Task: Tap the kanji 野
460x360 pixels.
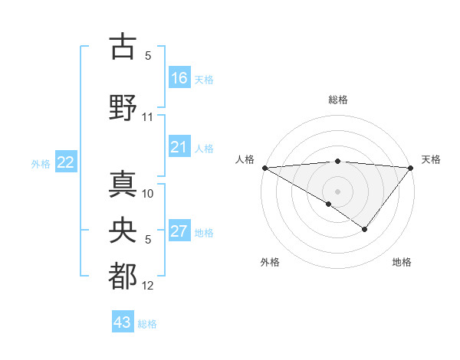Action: click(x=123, y=107)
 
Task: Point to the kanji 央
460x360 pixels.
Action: click(x=123, y=231)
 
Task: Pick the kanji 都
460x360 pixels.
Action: click(x=123, y=277)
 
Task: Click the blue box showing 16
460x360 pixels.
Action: click(x=179, y=78)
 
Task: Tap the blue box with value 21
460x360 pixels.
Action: click(x=179, y=147)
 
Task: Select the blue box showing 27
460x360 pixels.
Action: click(x=179, y=231)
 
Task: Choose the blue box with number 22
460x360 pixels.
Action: click(x=66, y=162)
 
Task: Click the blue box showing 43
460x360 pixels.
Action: click(x=123, y=322)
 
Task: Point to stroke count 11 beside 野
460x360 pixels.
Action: click(x=148, y=117)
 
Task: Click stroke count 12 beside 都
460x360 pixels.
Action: click(x=148, y=286)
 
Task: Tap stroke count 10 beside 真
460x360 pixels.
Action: click(x=148, y=194)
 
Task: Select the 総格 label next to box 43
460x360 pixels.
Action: click(x=147, y=324)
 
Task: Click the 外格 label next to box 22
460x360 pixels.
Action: click(x=41, y=163)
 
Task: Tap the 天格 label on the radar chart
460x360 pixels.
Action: click(x=431, y=159)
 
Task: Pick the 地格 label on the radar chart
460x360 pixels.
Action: click(x=402, y=262)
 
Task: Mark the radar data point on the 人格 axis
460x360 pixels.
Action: click(x=264, y=168)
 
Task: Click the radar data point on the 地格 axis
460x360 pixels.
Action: click(x=365, y=228)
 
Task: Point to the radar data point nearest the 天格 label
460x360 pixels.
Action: click(x=411, y=168)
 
